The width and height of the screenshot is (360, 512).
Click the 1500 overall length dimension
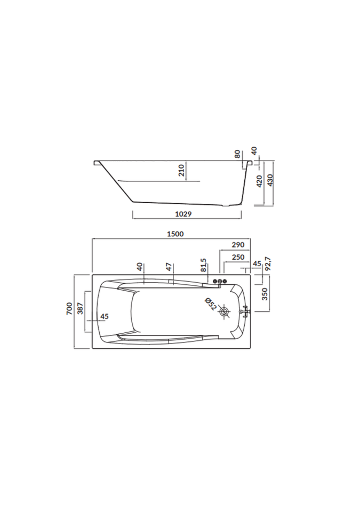[175, 234]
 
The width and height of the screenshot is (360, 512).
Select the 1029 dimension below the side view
[183, 214]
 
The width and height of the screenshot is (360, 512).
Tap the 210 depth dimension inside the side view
[182, 171]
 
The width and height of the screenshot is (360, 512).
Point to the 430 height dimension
[270, 180]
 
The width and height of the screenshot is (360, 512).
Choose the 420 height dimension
[259, 181]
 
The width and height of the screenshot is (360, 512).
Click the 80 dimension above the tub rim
[237, 154]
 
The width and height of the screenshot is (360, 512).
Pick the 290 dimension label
[238, 245]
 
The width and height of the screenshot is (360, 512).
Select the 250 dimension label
[238, 257]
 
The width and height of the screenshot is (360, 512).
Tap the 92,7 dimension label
[269, 264]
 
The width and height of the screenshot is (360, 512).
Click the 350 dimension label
[265, 294]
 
